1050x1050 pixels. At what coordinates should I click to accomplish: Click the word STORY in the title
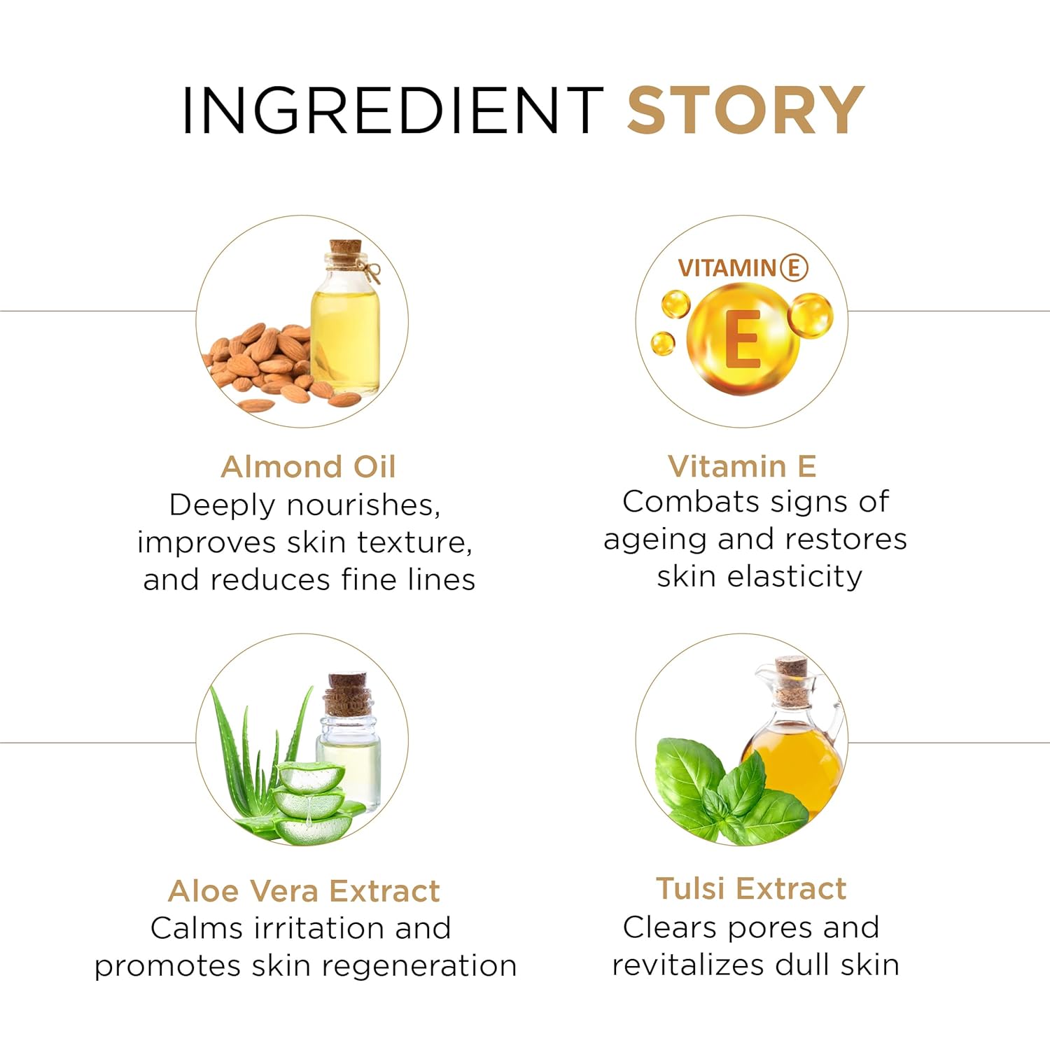[745, 110]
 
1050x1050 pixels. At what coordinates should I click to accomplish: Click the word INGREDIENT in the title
[392, 110]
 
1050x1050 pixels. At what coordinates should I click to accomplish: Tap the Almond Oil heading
[309, 467]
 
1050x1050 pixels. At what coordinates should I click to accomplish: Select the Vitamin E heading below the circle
[742, 466]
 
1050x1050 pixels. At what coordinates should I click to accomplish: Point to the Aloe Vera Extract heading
[304, 891]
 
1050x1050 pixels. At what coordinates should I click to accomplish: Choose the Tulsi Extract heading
[751, 888]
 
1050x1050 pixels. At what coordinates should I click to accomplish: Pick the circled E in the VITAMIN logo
[794, 267]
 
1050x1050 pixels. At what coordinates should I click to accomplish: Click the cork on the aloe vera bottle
[347, 694]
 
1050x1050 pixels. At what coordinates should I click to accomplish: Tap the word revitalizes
[687, 965]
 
